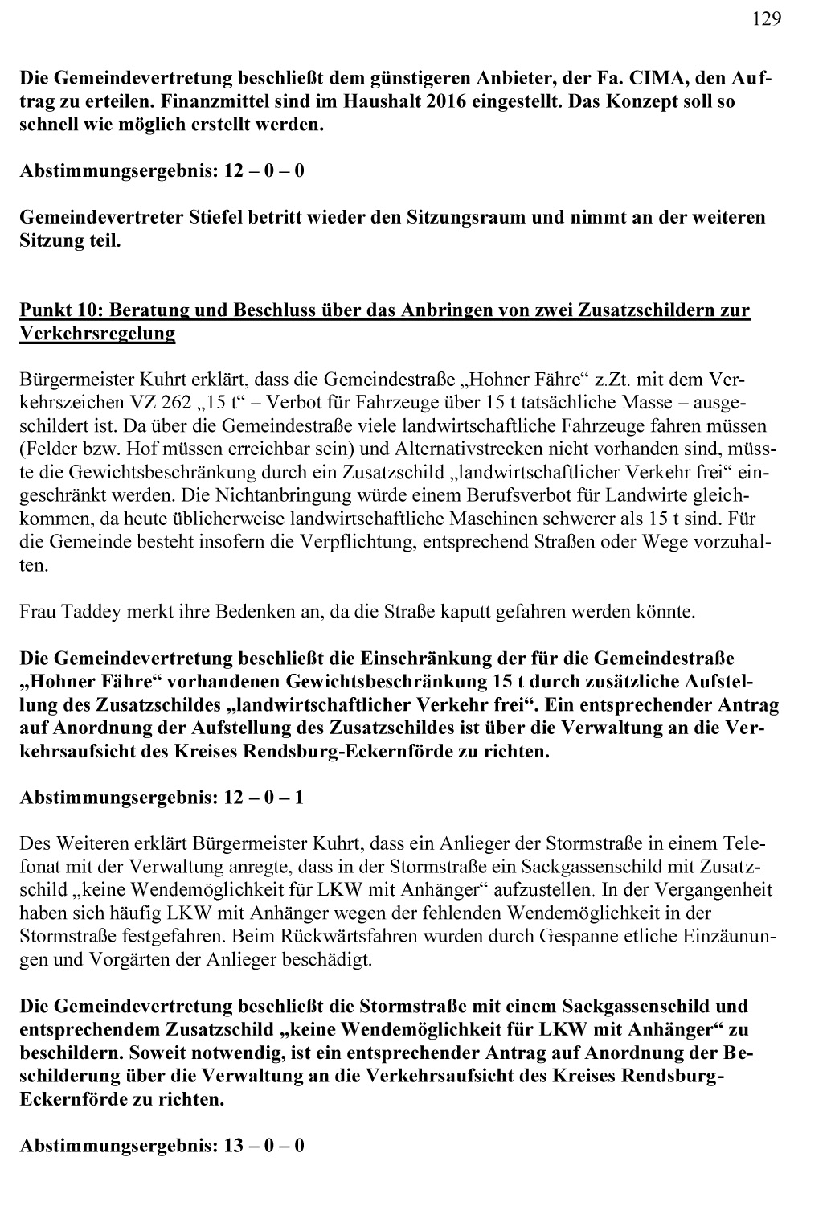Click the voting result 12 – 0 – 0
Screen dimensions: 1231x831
(262, 171)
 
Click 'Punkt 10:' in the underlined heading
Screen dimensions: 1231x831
(61, 310)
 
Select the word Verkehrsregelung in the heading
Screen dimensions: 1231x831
(97, 334)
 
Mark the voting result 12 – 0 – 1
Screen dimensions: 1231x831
(262, 798)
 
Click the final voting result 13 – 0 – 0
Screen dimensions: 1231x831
(262, 1146)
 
